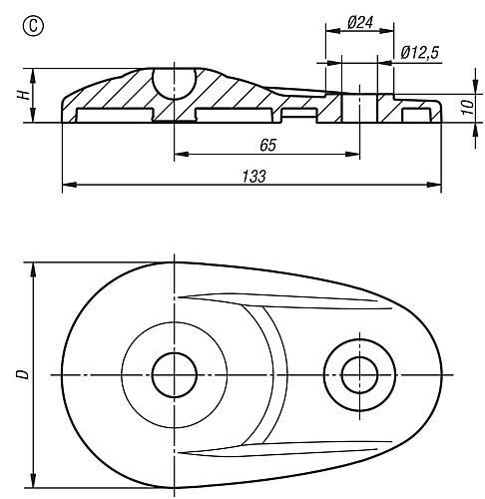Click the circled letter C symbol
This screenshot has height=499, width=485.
tap(33, 26)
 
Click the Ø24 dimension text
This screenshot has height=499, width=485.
tap(360, 22)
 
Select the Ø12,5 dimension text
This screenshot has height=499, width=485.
tap(420, 53)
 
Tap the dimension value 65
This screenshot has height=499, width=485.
tap(267, 145)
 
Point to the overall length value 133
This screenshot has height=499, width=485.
tap(253, 177)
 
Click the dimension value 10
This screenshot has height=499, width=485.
tap(468, 108)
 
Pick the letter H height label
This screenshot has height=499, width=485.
tap(24, 95)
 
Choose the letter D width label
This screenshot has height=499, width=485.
tap(23, 374)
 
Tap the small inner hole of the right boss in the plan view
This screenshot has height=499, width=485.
tap(359, 375)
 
